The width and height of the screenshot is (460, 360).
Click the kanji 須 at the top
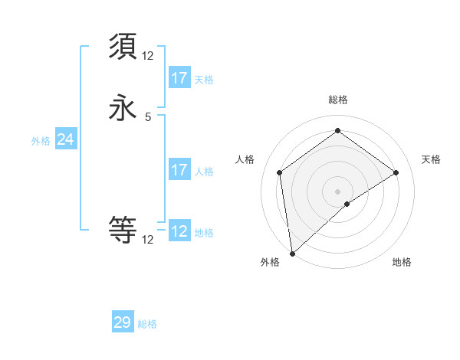click(123, 47)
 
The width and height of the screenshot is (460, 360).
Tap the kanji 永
click(123, 108)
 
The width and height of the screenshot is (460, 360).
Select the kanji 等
click(123, 229)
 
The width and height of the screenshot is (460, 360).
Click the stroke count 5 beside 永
click(148, 117)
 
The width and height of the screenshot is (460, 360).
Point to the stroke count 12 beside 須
click(148, 56)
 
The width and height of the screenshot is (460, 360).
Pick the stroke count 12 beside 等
click(148, 240)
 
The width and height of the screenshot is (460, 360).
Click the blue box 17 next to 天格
click(179, 78)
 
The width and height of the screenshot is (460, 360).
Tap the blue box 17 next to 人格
click(179, 170)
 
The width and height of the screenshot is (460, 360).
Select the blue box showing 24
click(66, 139)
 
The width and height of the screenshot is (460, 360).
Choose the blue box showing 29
click(123, 322)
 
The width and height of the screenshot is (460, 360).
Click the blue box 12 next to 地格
click(179, 231)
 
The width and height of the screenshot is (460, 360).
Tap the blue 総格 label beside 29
click(148, 324)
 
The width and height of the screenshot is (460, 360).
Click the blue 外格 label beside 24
click(41, 141)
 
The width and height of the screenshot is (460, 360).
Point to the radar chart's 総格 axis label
click(338, 100)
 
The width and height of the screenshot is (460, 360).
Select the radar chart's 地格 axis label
click(402, 263)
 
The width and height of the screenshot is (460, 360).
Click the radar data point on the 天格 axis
click(396, 172)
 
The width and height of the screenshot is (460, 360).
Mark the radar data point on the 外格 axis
click(292, 253)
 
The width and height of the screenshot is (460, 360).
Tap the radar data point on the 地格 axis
click(347, 204)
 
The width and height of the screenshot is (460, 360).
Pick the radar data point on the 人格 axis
click(280, 172)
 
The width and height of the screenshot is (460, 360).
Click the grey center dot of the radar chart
click(338, 191)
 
